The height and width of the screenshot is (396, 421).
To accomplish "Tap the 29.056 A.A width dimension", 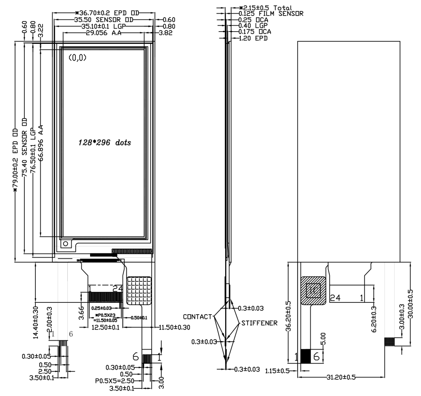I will [x=104, y=33].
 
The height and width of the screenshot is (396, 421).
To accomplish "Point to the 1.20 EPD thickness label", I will [x=253, y=38].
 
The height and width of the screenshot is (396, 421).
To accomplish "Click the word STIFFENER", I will [x=259, y=323].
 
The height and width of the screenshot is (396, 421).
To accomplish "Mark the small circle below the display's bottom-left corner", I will [x=65, y=244].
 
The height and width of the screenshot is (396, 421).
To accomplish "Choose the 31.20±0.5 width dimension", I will [x=340, y=377].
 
